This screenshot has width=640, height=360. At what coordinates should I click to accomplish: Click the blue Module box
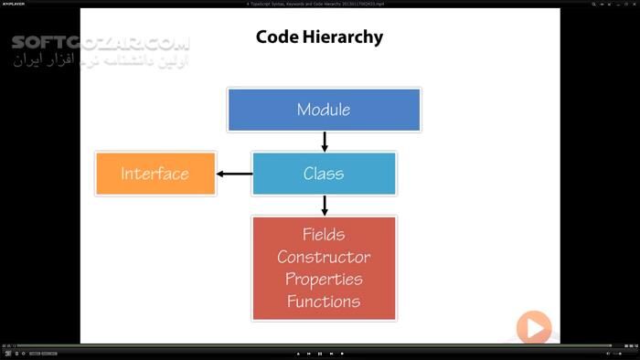tap(324, 110)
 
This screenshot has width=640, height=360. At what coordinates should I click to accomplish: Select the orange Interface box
tap(155, 174)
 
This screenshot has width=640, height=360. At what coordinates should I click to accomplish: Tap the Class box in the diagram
tap(324, 174)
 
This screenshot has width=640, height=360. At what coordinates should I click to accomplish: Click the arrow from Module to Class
tap(324, 142)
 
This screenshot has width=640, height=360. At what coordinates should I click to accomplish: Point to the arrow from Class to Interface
tap(234, 174)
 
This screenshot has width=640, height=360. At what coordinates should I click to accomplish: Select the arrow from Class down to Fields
tap(324, 206)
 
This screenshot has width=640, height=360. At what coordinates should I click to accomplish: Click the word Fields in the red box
tap(324, 235)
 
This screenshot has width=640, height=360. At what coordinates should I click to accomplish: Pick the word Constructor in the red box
tap(324, 257)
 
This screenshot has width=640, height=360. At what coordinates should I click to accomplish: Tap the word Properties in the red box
tap(324, 279)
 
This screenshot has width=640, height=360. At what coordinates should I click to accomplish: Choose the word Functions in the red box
tap(324, 301)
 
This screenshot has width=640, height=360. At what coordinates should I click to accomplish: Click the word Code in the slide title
tap(280, 37)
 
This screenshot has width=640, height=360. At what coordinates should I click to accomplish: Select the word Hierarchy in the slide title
tap(346, 37)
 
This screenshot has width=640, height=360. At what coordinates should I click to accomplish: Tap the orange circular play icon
tap(534, 327)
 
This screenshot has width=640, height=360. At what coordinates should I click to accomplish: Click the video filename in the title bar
tap(320, 4)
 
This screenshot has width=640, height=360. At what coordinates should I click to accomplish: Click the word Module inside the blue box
tap(324, 110)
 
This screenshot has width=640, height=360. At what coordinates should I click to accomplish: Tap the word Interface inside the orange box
tap(155, 174)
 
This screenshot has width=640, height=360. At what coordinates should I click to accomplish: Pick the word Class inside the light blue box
tap(324, 174)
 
